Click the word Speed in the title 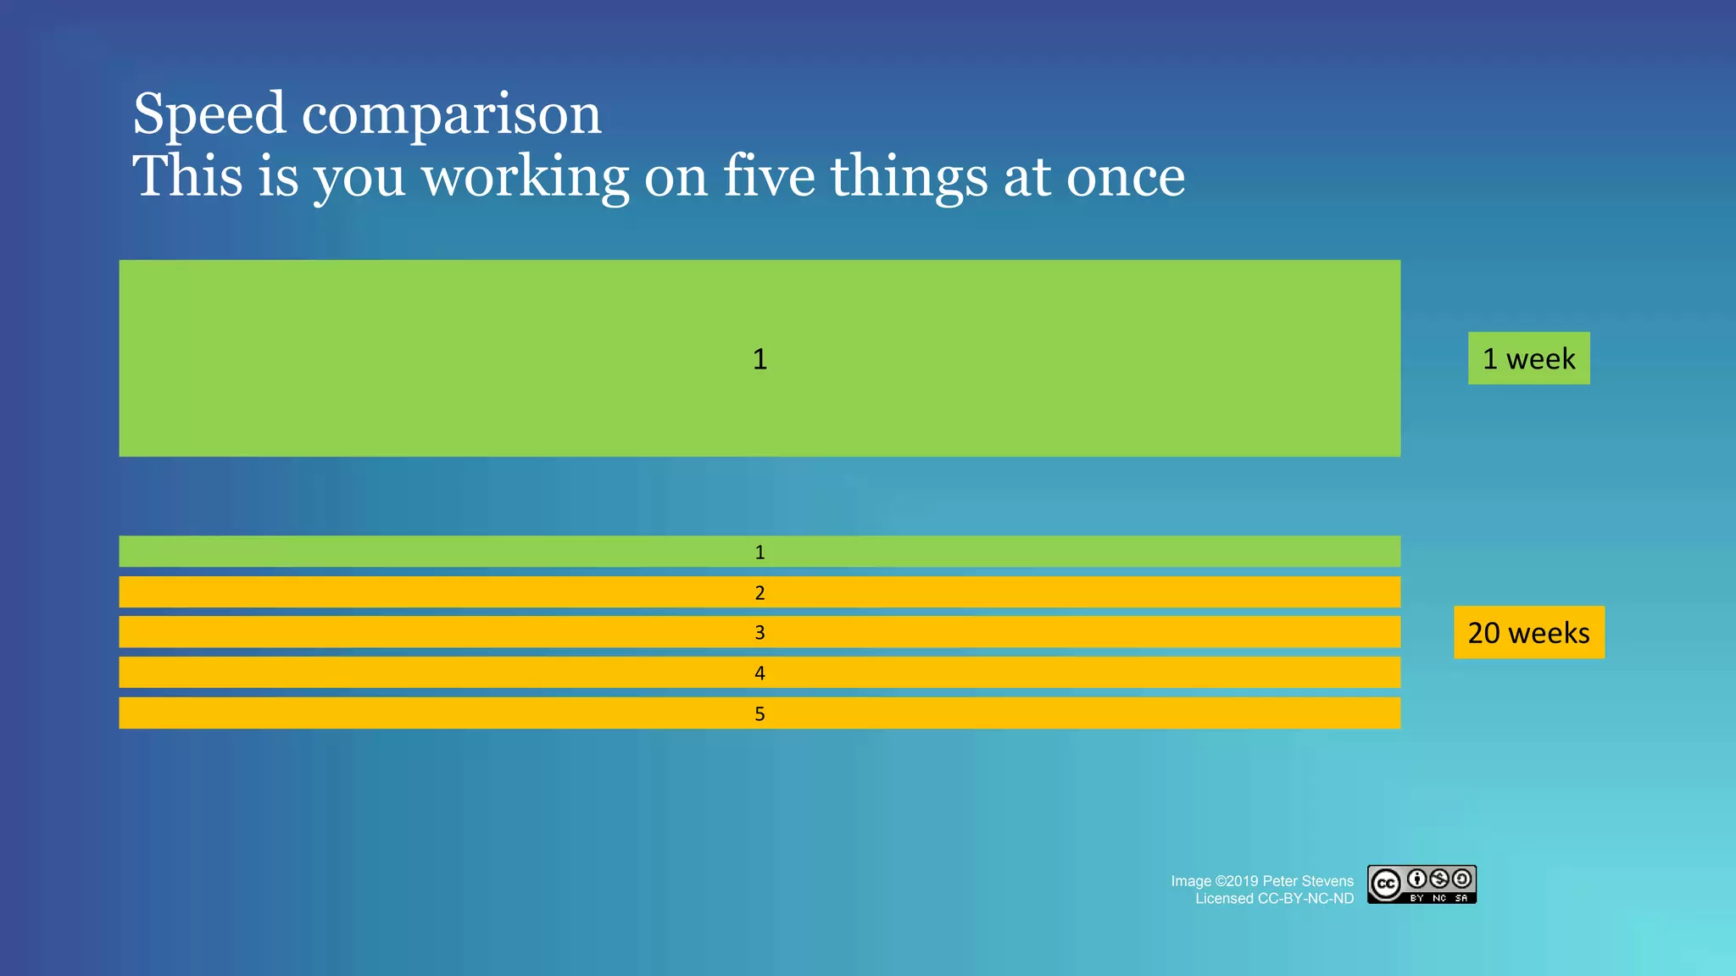pyautogui.click(x=209, y=115)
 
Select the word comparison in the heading pyautogui.click(x=451, y=115)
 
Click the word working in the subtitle pyautogui.click(x=525, y=178)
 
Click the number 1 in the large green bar pyautogui.click(x=759, y=359)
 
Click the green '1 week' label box pyautogui.click(x=1528, y=358)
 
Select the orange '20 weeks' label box pyautogui.click(x=1528, y=632)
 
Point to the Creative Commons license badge pyautogui.click(x=1422, y=884)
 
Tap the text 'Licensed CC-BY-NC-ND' pyautogui.click(x=1274, y=899)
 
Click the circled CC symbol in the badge pyautogui.click(x=1386, y=884)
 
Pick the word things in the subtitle pyautogui.click(x=909, y=178)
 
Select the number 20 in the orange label pyautogui.click(x=1483, y=633)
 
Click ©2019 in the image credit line pyautogui.click(x=1237, y=881)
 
